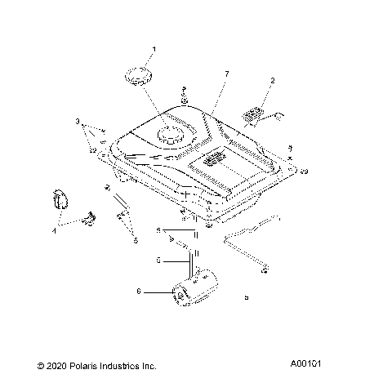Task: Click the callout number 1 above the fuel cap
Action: coord(154,50)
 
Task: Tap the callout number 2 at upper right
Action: coord(273,80)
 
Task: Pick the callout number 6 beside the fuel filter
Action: coord(139,290)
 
